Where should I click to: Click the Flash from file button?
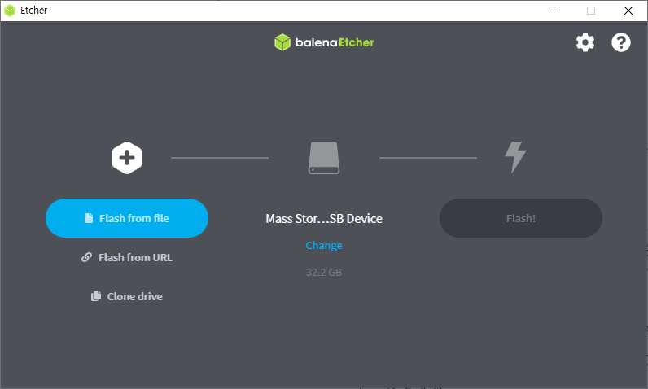click(127, 218)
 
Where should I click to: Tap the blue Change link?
click(324, 245)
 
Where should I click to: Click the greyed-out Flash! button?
click(521, 218)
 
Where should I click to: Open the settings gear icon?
click(585, 42)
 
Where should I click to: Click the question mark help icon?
click(621, 42)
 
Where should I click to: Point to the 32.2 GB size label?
click(324, 272)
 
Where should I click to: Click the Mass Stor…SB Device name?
click(324, 218)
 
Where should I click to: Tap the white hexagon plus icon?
click(127, 157)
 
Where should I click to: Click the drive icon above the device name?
click(324, 157)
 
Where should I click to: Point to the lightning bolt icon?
click(514, 157)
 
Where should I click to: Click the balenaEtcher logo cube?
click(282, 42)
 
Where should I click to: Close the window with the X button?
click(628, 11)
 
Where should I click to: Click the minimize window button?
click(554, 11)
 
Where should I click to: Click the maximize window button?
click(591, 11)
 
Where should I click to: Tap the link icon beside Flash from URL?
click(86, 257)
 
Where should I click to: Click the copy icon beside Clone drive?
click(96, 296)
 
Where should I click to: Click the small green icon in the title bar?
click(10, 11)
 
